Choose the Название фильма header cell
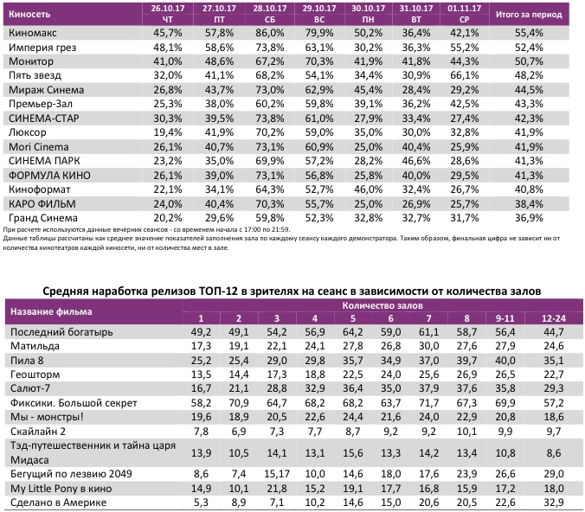tap(49, 311)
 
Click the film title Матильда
tap(33, 346)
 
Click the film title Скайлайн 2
tap(37, 430)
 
